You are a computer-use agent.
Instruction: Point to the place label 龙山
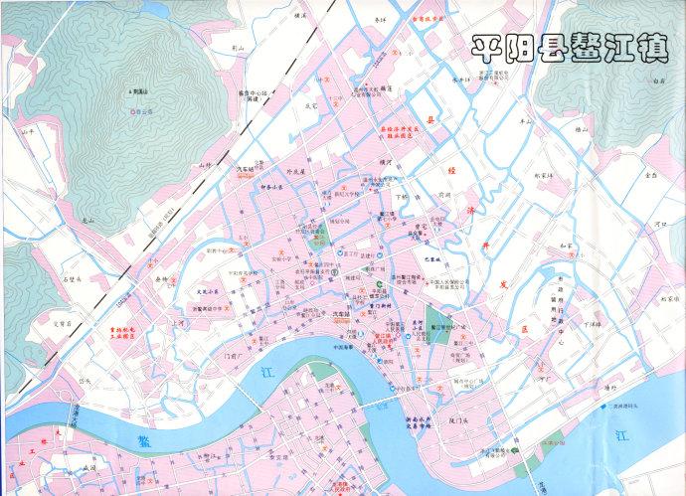point(88,221)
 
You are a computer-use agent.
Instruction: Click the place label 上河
point(179,322)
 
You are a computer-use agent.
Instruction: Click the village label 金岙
point(651,173)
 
